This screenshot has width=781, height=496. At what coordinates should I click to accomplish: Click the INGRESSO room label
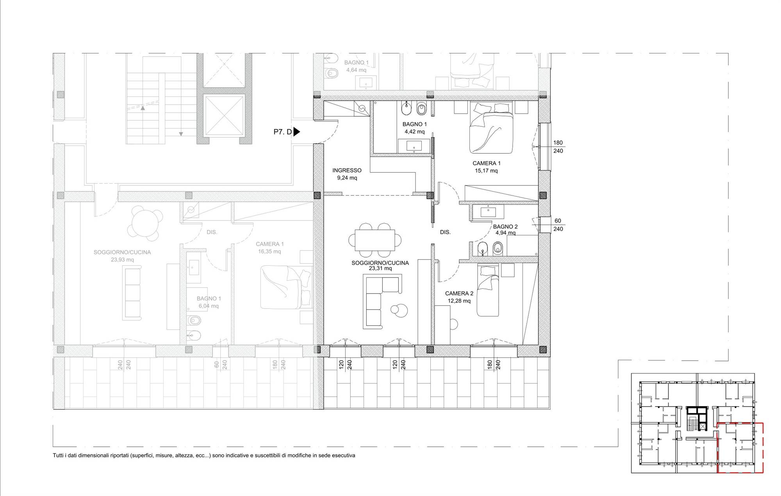[347, 170]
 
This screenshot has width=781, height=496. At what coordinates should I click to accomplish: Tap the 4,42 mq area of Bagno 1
[414, 132]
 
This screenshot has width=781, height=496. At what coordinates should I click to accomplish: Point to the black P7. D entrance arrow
[296, 132]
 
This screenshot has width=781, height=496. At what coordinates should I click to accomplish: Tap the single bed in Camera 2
[488, 291]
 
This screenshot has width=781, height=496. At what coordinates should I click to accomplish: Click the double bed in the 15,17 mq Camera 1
[491, 128]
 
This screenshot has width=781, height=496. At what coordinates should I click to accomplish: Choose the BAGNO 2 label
[505, 227]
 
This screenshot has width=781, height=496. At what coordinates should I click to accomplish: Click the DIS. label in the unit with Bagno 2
[445, 232]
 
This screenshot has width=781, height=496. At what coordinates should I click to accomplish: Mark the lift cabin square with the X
[225, 115]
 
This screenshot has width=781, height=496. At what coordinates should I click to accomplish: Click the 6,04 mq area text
[209, 306]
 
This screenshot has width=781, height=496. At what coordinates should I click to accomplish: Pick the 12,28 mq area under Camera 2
[459, 301]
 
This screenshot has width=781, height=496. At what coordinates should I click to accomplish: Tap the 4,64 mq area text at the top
[356, 70]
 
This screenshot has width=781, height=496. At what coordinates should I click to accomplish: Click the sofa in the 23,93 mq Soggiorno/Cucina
[132, 293]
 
